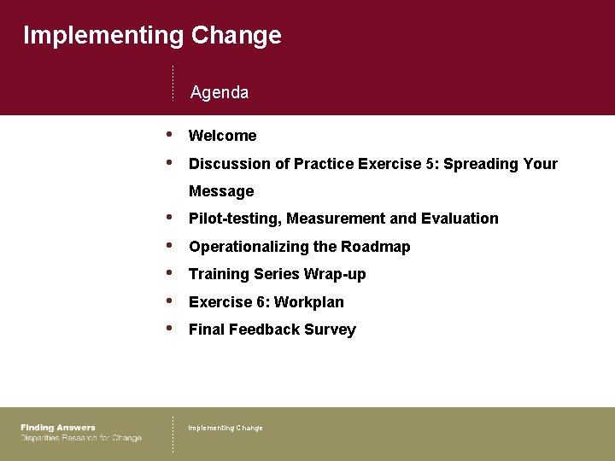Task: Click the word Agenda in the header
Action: pos(220,92)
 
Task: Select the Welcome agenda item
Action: pos(222,136)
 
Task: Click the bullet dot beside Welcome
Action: pos(171,134)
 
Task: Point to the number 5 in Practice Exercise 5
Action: pos(429,164)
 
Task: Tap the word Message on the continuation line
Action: pos(221,191)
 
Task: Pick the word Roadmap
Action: pos(376,247)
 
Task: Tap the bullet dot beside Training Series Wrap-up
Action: pos(171,273)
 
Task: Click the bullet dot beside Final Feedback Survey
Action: pos(171,329)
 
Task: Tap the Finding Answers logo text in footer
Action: pos(58,428)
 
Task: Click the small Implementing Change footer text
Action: pos(225,428)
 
